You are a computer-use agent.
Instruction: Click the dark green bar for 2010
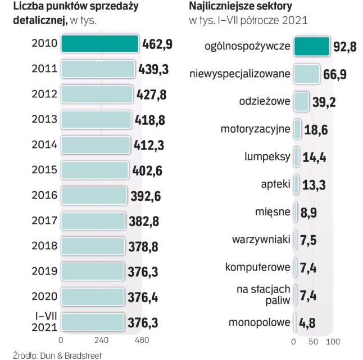(99, 43)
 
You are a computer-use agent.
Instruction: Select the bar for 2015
(94, 170)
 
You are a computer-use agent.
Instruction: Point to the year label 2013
(46, 119)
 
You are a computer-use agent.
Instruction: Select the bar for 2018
(92, 246)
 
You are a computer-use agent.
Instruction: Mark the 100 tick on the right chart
(333, 341)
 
